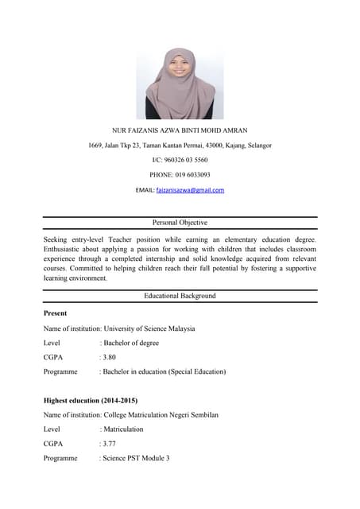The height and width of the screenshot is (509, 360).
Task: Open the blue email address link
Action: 190,190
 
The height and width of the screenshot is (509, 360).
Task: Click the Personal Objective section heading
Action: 180,223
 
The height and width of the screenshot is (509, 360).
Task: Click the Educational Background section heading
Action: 180,296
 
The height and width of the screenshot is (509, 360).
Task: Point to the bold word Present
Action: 56,313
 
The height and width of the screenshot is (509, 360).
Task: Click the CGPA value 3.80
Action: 110,357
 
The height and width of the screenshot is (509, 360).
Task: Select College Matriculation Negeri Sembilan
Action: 161,415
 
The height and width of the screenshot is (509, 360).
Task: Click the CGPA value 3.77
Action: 110,444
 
